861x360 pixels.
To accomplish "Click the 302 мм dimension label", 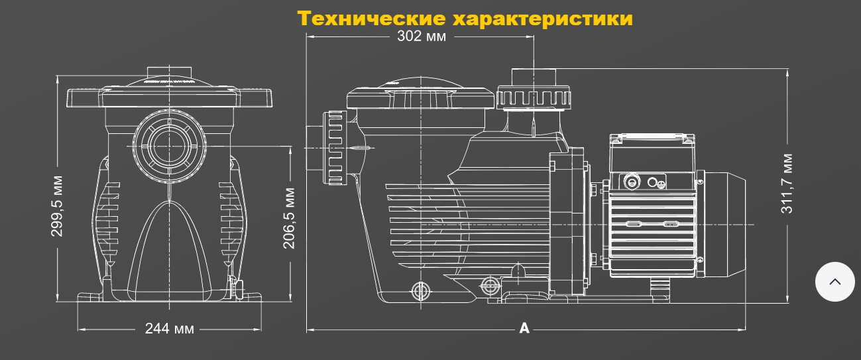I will [x=422, y=36].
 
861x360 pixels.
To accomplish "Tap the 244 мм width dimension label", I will [x=169, y=328].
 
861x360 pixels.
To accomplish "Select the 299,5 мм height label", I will [x=58, y=206].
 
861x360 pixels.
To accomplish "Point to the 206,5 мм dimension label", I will [x=290, y=218].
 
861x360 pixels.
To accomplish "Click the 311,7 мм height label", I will [x=787, y=184].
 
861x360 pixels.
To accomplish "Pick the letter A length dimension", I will [x=524, y=328].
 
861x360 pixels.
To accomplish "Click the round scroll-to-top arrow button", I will [x=834, y=282].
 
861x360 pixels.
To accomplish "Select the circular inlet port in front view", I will [x=169, y=142].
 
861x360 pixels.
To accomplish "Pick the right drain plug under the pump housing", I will [x=490, y=286].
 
